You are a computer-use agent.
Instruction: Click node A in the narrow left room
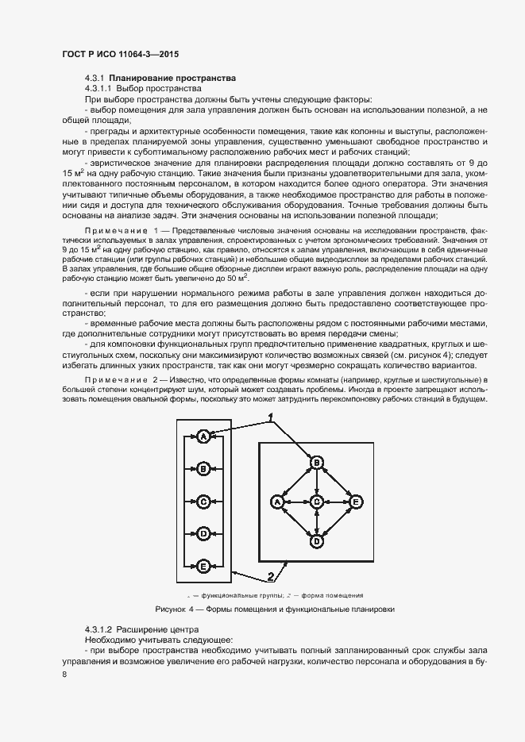click(203, 436)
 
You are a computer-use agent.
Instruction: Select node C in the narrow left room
click(203, 502)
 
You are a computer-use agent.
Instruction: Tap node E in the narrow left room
click(203, 566)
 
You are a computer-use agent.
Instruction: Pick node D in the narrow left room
click(203, 533)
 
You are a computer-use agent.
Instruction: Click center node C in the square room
click(317, 502)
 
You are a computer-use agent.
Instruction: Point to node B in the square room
click(317, 463)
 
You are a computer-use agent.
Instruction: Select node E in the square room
click(357, 502)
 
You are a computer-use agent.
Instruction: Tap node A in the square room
click(277, 502)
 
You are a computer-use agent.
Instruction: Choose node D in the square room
click(317, 541)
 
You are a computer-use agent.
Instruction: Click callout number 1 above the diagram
click(271, 417)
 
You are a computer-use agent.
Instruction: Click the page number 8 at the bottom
click(64, 675)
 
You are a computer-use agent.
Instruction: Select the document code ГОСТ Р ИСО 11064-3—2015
click(119, 55)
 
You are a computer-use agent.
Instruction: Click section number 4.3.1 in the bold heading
click(95, 79)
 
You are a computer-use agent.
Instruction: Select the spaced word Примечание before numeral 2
click(115, 382)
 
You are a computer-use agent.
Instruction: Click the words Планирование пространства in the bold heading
click(172, 79)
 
